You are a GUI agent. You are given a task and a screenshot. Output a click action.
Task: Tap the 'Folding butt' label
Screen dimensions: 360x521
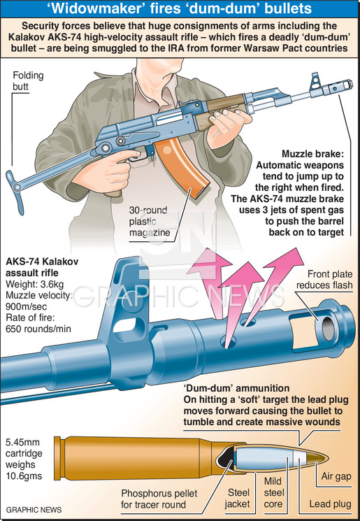[28, 81]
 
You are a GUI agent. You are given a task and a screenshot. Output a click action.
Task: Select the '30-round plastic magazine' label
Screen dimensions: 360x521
[150, 221]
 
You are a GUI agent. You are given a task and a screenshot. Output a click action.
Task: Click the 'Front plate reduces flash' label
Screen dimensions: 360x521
[324, 280]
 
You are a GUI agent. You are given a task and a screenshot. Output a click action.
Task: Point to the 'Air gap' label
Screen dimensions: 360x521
[336, 476]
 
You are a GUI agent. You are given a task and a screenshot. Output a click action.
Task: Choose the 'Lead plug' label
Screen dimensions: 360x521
[330, 504]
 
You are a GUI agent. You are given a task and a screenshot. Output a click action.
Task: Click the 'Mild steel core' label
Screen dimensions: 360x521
[273, 493]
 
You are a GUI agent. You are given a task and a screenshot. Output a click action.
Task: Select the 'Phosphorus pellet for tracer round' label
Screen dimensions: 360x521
[159, 499]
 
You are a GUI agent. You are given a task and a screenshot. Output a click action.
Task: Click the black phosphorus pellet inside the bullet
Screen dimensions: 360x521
[225, 459]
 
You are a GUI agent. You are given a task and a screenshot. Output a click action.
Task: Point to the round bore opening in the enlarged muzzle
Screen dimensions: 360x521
[328, 329]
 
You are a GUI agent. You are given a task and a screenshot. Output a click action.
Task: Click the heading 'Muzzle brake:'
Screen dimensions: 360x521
[312, 154]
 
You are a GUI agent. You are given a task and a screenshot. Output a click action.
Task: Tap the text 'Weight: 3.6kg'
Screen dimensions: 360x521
[34, 285]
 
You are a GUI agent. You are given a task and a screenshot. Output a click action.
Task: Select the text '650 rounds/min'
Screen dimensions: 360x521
[38, 329]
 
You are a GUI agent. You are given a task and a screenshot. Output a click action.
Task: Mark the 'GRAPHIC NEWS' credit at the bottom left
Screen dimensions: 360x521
[34, 510]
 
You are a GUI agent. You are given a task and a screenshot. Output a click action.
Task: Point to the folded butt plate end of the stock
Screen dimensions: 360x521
[16, 192]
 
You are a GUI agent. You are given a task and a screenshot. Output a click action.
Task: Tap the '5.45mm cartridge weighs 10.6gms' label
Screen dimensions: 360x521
[24, 459]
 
